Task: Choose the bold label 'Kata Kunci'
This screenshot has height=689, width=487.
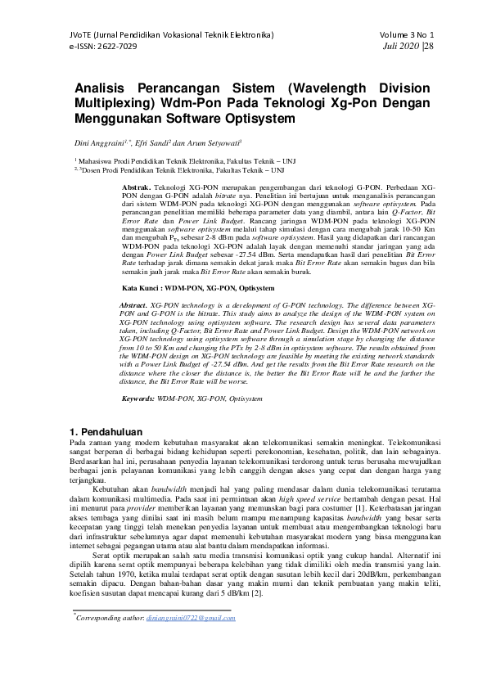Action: click(x=141, y=288)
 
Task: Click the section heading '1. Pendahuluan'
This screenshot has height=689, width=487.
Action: click(x=102, y=431)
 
